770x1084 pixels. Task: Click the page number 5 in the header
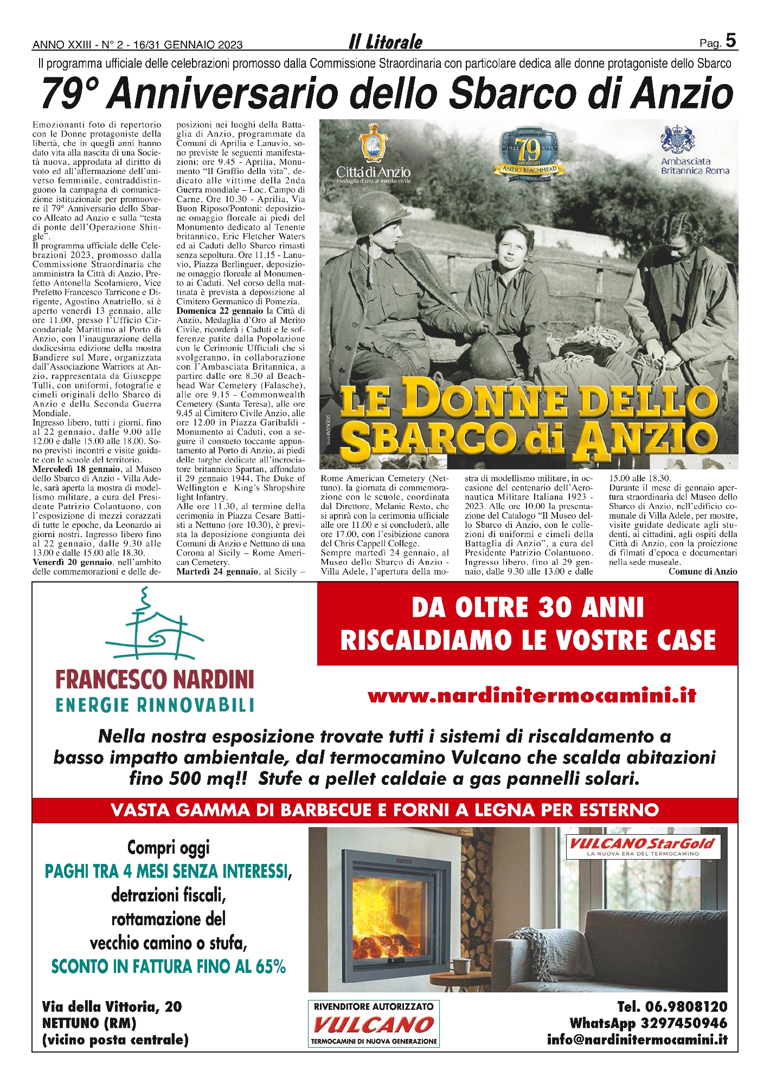point(730,41)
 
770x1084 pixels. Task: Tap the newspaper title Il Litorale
point(385,42)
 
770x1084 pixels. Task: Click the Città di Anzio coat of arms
point(373,143)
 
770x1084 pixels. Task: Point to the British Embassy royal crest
point(678,140)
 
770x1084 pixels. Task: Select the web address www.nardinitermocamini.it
point(531,695)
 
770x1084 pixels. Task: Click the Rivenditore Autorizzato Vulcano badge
point(374,1023)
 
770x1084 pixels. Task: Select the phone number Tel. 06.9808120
point(672,1007)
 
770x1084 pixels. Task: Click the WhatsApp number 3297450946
point(648,1023)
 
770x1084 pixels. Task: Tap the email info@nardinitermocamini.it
point(637,1040)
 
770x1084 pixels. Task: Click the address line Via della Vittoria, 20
point(112,1007)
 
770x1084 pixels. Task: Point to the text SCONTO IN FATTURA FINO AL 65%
point(168,966)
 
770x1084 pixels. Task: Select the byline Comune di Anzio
point(702,571)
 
